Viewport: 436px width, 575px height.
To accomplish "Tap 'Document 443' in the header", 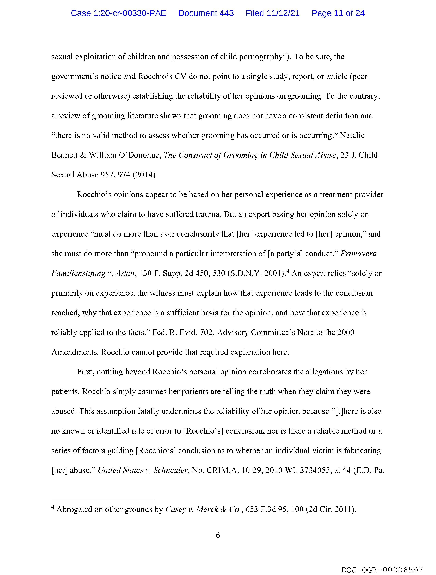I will [206, 13].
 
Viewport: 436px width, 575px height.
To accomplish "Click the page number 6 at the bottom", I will [218, 535].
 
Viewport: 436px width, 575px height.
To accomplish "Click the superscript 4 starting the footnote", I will [53, 507].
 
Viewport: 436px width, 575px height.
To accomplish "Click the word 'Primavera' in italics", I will [358, 254].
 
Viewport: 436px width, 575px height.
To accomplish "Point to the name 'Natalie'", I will [352, 135].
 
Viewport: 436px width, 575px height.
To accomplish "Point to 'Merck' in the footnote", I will [207, 509].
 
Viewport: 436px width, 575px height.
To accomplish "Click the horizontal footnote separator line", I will [103, 500].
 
